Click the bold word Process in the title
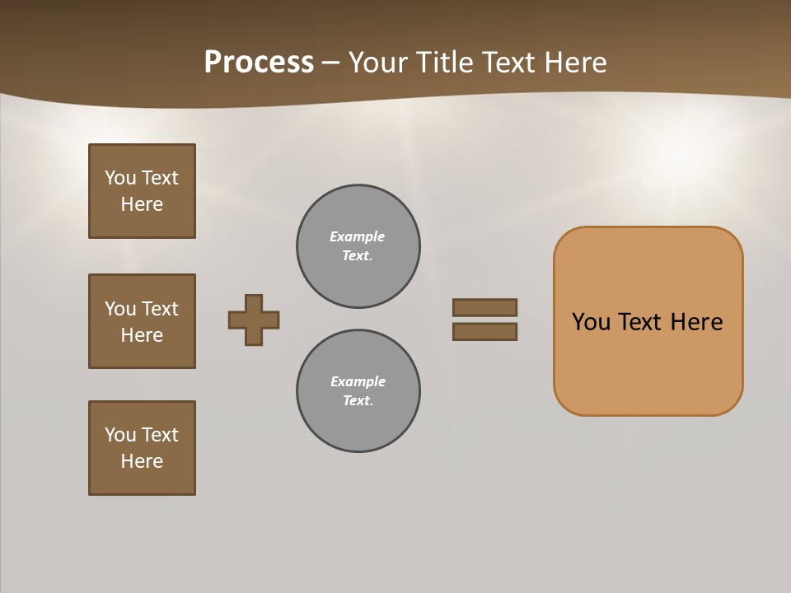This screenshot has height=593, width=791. coord(259,63)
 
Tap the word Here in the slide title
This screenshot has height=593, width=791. coord(573,63)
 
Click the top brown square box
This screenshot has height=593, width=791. coord(142,191)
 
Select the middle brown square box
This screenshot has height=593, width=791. coord(142,321)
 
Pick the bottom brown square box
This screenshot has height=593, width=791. coord(142,448)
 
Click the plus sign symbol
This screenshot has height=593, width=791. coord(254,320)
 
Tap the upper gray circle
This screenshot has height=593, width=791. coord(358,246)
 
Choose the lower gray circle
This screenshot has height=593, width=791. coord(358,391)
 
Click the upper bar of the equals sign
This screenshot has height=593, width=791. coord(484,307)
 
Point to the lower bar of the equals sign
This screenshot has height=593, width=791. coord(484,332)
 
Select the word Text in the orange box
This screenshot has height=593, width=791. coord(641,322)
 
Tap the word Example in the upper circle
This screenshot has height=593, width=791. coord(357,236)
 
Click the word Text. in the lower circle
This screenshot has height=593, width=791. coord(358,401)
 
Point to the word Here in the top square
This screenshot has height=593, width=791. coord(142,204)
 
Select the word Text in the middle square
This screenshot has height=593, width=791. coord(159,309)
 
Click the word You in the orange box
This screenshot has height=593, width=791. coord(591,322)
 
